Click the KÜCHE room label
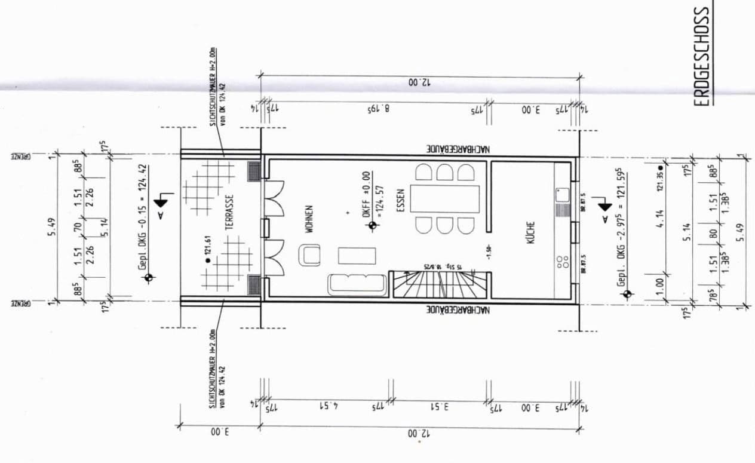coord(530,231)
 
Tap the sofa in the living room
coord(357,284)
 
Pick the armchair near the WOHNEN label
coord(311,256)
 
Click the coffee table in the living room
coord(357,255)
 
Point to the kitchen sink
coord(562,194)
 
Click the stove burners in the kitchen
coord(562,262)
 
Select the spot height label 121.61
coord(210,261)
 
